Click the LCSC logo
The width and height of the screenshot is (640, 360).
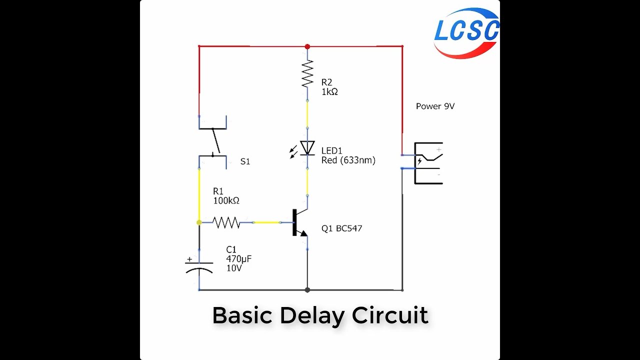coord(466,32)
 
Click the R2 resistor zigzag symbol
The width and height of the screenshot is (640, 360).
coord(307,74)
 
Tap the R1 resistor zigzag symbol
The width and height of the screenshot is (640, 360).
coord(226,222)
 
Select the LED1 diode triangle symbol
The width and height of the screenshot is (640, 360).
coord(307,148)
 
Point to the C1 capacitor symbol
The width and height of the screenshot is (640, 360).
coord(199,267)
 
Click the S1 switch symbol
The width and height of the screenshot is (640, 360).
coord(213,142)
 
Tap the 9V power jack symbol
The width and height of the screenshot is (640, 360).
coord(428,163)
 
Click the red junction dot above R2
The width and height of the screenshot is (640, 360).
coord(307,46)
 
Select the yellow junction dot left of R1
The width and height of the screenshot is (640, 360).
coord(199,222)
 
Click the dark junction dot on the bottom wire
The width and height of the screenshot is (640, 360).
coord(307,289)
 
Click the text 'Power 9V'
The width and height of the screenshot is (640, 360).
coord(435,106)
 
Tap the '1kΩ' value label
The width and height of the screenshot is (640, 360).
coord(329,91)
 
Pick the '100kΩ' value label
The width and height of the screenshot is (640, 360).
coord(226,200)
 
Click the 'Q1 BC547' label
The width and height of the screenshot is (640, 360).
coord(341,228)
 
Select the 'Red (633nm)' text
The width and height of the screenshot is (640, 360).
coord(348,160)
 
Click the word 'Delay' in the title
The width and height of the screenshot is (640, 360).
coord(312,315)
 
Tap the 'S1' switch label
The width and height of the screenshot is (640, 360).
coord(245,161)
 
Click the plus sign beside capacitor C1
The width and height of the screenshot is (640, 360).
coord(189,259)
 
